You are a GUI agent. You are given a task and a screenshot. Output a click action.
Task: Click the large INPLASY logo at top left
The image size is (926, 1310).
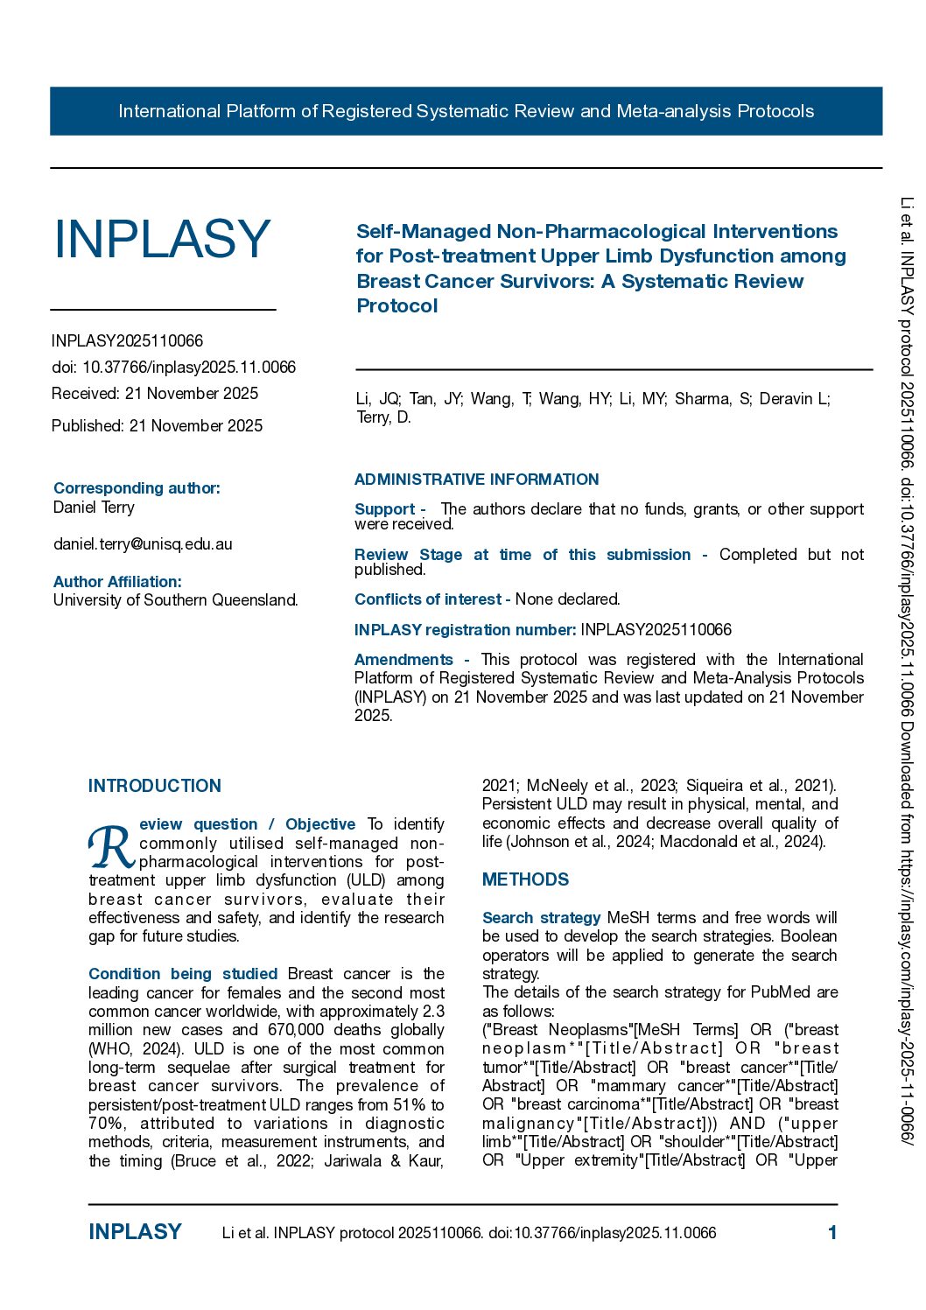162,239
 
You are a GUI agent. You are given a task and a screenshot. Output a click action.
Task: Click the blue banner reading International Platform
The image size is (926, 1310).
466,111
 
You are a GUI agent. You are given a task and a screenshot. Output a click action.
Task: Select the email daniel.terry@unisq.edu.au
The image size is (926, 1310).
143,544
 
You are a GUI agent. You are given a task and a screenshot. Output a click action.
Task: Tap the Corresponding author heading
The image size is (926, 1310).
137,488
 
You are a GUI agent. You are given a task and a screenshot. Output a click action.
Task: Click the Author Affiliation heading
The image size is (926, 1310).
117,582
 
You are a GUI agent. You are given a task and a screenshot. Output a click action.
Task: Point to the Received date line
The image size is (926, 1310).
155,394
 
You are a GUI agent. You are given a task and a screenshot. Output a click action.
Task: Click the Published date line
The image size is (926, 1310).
157,426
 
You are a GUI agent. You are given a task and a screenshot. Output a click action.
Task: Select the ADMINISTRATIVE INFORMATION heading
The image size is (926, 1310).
476,480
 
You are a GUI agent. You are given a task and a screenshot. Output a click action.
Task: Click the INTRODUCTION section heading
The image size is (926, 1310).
155,786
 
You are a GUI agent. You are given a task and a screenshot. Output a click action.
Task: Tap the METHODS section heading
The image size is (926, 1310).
525,879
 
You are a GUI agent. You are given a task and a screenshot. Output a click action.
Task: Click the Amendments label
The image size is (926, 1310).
403,660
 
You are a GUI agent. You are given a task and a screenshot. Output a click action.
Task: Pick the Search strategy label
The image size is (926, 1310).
541,918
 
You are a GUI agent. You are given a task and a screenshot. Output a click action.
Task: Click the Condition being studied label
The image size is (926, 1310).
183,974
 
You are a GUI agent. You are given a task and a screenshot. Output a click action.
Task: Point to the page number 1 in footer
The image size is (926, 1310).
832,1233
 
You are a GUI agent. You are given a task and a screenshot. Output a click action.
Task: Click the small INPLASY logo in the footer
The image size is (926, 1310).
135,1232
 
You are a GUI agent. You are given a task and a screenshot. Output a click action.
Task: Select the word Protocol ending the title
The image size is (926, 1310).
397,306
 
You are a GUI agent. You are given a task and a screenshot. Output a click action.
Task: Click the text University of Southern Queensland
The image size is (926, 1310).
175,600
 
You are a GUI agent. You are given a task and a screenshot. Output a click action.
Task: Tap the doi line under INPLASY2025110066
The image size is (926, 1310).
173,368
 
